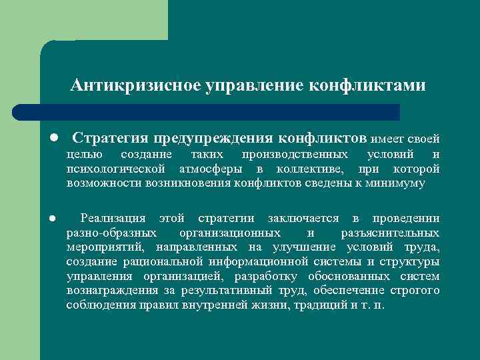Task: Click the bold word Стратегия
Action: coord(110,138)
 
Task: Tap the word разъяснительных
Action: coord(390,233)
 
